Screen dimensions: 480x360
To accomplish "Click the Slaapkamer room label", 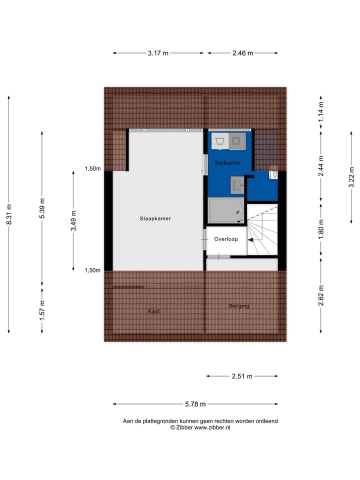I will (155, 218).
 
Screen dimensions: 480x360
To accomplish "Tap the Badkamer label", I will (228, 163).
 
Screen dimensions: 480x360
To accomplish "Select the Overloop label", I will (226, 239).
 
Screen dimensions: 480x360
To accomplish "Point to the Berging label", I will (239, 306).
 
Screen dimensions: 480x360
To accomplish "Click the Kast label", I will (153, 311).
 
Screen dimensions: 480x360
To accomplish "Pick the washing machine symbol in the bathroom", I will (219, 141).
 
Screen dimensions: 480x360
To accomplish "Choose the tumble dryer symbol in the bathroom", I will (236, 141).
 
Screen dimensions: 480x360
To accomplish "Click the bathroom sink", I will (237, 184).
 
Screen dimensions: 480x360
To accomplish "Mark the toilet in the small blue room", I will (273, 173).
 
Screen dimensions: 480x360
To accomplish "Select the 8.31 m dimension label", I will (9, 214).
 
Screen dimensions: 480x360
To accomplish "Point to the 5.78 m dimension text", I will (195, 404).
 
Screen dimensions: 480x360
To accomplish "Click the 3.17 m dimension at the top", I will (158, 53).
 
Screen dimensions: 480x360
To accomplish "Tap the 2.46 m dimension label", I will (242, 53).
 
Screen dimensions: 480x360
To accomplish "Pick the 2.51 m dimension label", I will (242, 376).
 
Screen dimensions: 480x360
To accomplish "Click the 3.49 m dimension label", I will (73, 220).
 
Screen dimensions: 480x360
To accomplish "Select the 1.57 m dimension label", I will (42, 310).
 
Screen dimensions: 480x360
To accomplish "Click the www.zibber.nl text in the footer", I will (212, 427).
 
